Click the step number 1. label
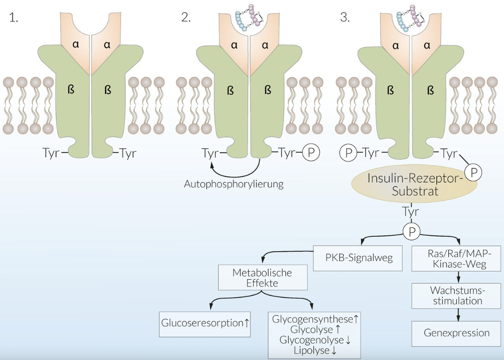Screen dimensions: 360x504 click(14, 17)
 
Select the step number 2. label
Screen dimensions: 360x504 click(186, 17)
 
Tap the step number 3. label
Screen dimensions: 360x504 click(345, 17)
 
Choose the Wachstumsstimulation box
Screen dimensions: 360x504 click(456, 295)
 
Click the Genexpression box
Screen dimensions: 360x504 click(456, 333)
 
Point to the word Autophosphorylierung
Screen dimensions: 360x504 click(233, 184)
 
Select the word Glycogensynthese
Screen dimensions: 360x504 click(312, 319)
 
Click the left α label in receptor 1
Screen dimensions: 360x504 click(76, 45)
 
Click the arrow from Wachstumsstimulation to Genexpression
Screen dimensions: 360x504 click(456, 314)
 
